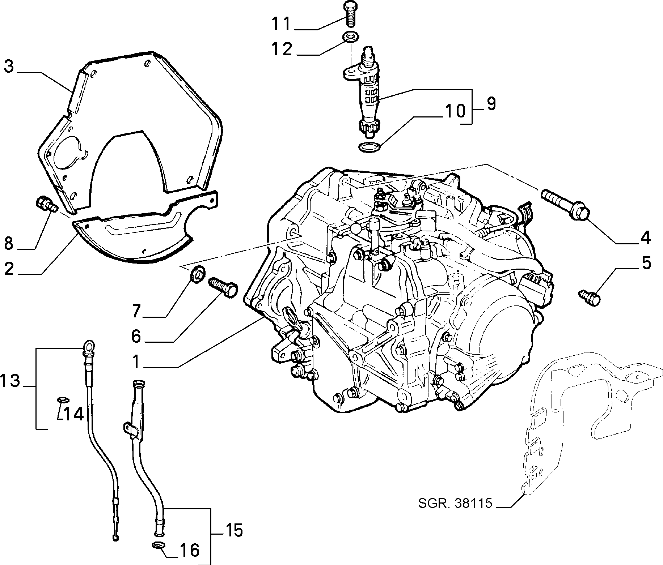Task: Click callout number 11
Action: pyautogui.click(x=281, y=24)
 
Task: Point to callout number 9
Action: pyautogui.click(x=490, y=103)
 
